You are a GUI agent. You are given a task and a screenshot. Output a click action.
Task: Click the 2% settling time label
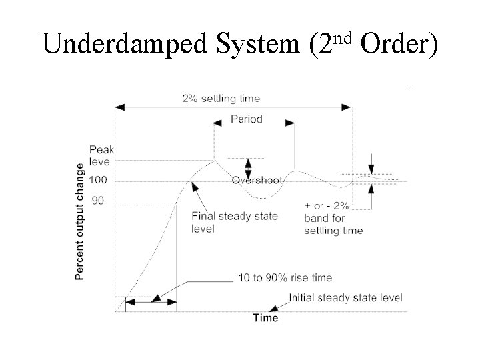(x=221, y=99)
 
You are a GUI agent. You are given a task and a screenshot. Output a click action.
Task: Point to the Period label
(x=247, y=119)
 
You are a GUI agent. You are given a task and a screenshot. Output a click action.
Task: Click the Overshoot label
(x=257, y=180)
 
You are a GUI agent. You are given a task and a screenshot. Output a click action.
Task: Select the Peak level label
(x=101, y=155)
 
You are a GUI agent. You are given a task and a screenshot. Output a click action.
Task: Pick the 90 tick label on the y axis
(x=97, y=200)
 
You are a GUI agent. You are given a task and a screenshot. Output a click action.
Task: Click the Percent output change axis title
(x=80, y=221)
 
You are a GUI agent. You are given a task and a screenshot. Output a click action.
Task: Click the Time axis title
(x=265, y=318)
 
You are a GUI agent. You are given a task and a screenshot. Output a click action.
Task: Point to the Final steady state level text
(x=234, y=222)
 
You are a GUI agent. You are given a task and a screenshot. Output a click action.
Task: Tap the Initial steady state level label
(x=345, y=298)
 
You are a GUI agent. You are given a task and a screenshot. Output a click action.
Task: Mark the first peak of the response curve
(x=214, y=160)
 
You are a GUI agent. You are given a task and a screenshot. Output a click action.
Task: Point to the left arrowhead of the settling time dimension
(x=120, y=106)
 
